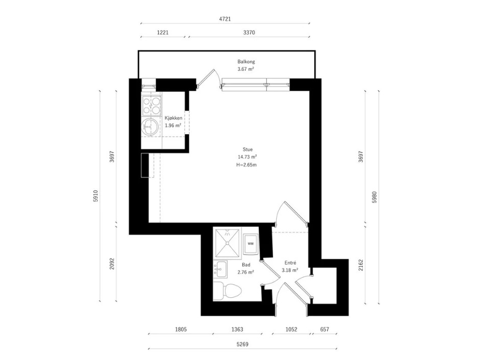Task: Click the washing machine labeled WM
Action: (x=251, y=244)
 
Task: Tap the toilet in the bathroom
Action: (x=227, y=291)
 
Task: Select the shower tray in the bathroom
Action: (x=227, y=244)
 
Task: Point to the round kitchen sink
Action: (x=150, y=126)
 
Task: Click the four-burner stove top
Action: (x=152, y=106)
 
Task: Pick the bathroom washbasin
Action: (x=220, y=269)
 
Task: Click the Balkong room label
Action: (x=246, y=62)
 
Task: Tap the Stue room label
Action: (x=248, y=149)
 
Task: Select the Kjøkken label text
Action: (x=174, y=118)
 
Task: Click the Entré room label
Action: (x=290, y=263)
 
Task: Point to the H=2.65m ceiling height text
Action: (x=247, y=165)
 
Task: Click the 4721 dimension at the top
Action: (x=225, y=19)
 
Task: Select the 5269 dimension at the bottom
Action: (x=242, y=344)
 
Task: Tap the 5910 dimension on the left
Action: (x=96, y=196)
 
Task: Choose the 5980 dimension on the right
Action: (x=374, y=197)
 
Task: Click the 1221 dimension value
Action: (x=163, y=32)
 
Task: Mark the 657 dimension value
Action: (x=325, y=329)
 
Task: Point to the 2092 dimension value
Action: (x=112, y=264)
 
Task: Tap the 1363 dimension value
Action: (x=237, y=329)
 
